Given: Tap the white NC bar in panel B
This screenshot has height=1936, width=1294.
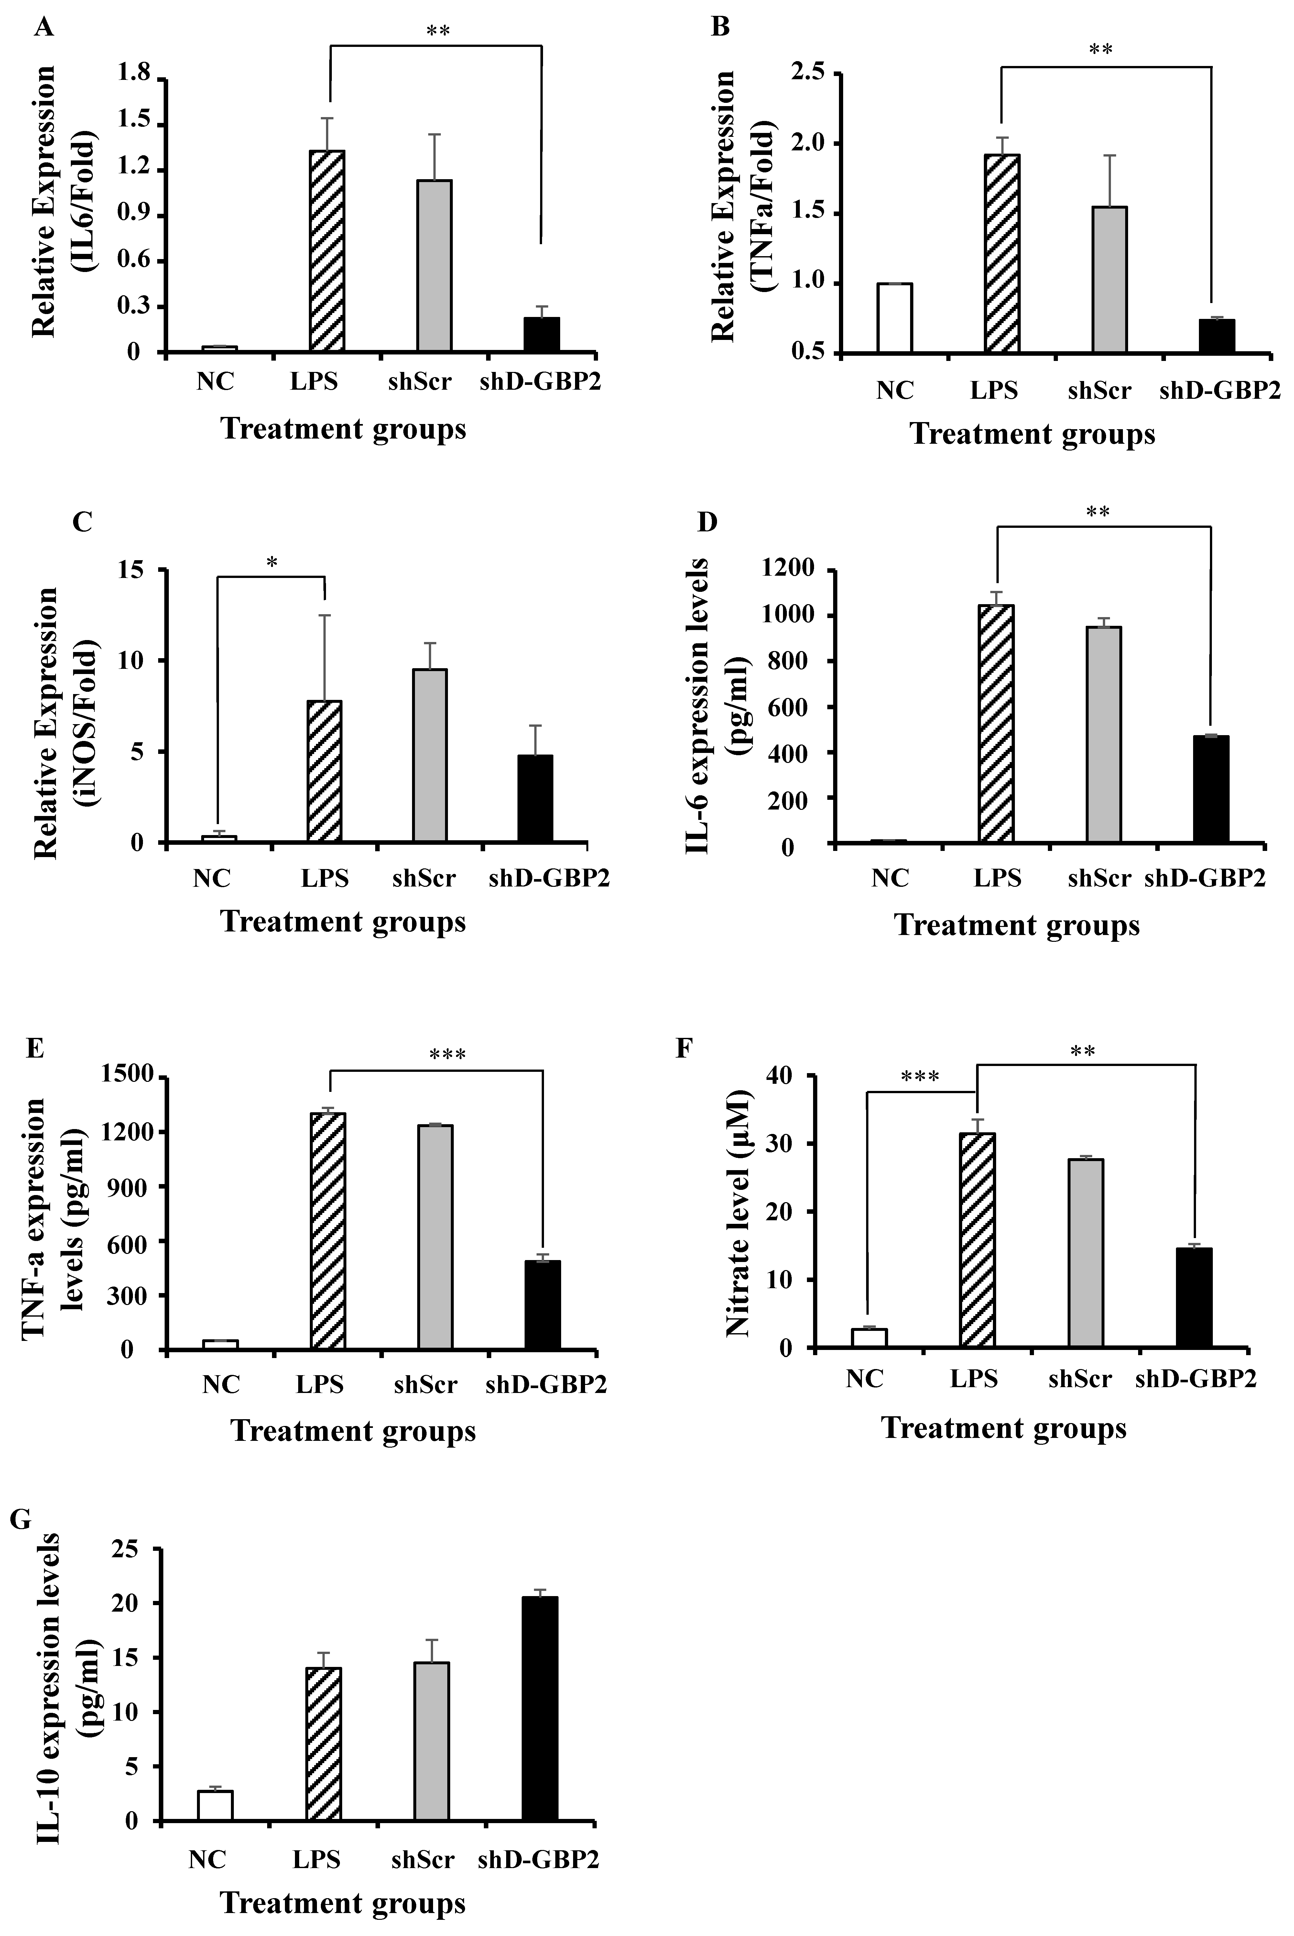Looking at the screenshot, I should click(x=895, y=319).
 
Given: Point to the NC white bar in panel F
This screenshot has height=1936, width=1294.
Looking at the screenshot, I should click(x=869, y=1338).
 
